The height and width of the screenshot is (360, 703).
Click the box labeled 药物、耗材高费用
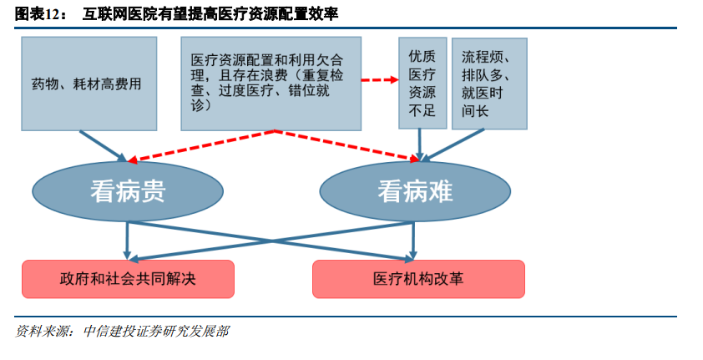(89, 84)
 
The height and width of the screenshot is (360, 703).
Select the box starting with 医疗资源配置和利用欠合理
(271, 84)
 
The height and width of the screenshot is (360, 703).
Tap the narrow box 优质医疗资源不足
(422, 84)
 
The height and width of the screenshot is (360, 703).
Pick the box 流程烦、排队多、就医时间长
(489, 84)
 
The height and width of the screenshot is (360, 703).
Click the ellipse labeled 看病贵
(128, 191)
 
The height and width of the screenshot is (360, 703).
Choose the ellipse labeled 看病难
(415, 191)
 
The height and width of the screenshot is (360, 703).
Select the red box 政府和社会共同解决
(129, 279)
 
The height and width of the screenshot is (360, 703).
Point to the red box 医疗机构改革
(418, 279)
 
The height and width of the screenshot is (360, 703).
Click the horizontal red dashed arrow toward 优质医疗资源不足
(380, 80)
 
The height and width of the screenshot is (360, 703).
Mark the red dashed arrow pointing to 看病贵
(201, 145)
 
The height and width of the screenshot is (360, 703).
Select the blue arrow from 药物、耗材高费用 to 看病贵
(104, 147)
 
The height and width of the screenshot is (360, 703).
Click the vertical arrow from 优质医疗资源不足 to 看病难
(420, 145)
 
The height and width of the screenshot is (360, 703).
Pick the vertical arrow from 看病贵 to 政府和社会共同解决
(128, 241)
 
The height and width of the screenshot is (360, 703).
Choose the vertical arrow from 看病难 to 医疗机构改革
(413, 241)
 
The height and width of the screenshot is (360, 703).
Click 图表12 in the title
(37, 14)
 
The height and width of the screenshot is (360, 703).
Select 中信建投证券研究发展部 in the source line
(156, 332)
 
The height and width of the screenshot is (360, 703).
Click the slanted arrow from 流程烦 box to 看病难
(453, 145)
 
